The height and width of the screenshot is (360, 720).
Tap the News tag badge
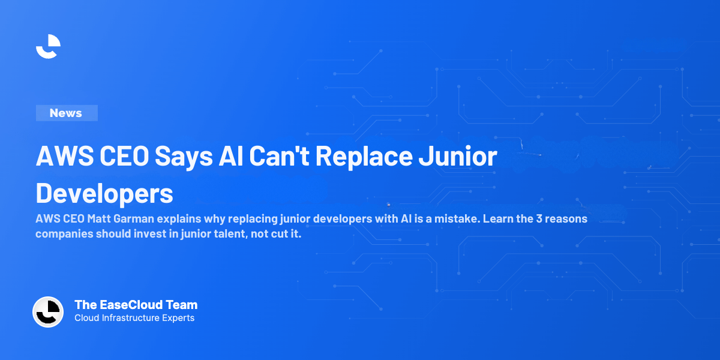[x=66, y=113]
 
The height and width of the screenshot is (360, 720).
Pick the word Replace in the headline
[x=364, y=157]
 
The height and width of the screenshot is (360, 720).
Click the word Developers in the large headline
[x=104, y=193]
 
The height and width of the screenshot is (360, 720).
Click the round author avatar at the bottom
[x=48, y=312]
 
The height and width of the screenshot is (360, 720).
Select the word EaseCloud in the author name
[x=123, y=305]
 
